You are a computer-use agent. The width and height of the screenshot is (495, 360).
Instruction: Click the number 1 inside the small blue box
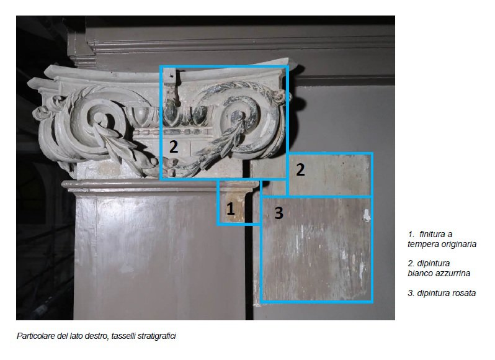coord(231,209)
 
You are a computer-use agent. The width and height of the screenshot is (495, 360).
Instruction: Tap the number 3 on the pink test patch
coord(279,212)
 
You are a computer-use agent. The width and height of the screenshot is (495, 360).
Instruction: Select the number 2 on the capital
coord(174,146)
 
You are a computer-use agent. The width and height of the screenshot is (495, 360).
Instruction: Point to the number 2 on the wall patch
coord(300,169)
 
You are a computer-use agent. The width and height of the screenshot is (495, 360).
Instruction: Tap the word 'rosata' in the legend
coord(464,293)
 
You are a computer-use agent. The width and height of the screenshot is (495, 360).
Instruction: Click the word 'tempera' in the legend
coord(422,245)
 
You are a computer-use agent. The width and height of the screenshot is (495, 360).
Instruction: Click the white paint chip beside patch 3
coord(366,215)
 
